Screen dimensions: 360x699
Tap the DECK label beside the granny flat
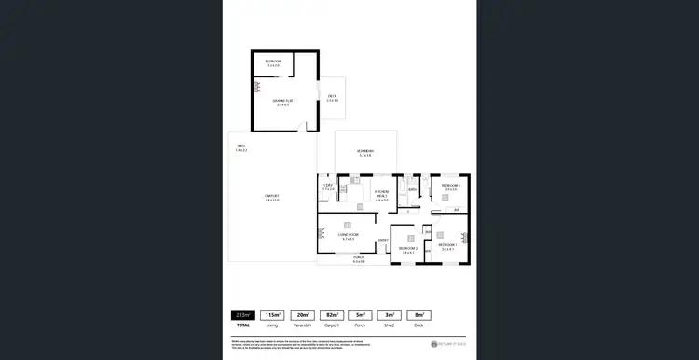click(332, 97)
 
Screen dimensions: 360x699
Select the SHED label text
click(240, 147)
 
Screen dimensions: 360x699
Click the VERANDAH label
click(365, 153)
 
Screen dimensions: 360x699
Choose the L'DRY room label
click(327, 187)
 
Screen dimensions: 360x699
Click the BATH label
click(411, 190)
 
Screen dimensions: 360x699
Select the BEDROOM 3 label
click(451, 187)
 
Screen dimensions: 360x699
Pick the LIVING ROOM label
click(349, 237)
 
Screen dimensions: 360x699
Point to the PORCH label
click(359, 259)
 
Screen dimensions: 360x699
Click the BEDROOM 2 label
click(407, 249)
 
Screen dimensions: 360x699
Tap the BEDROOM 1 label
click(448, 247)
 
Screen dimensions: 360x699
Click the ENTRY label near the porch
click(382, 241)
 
